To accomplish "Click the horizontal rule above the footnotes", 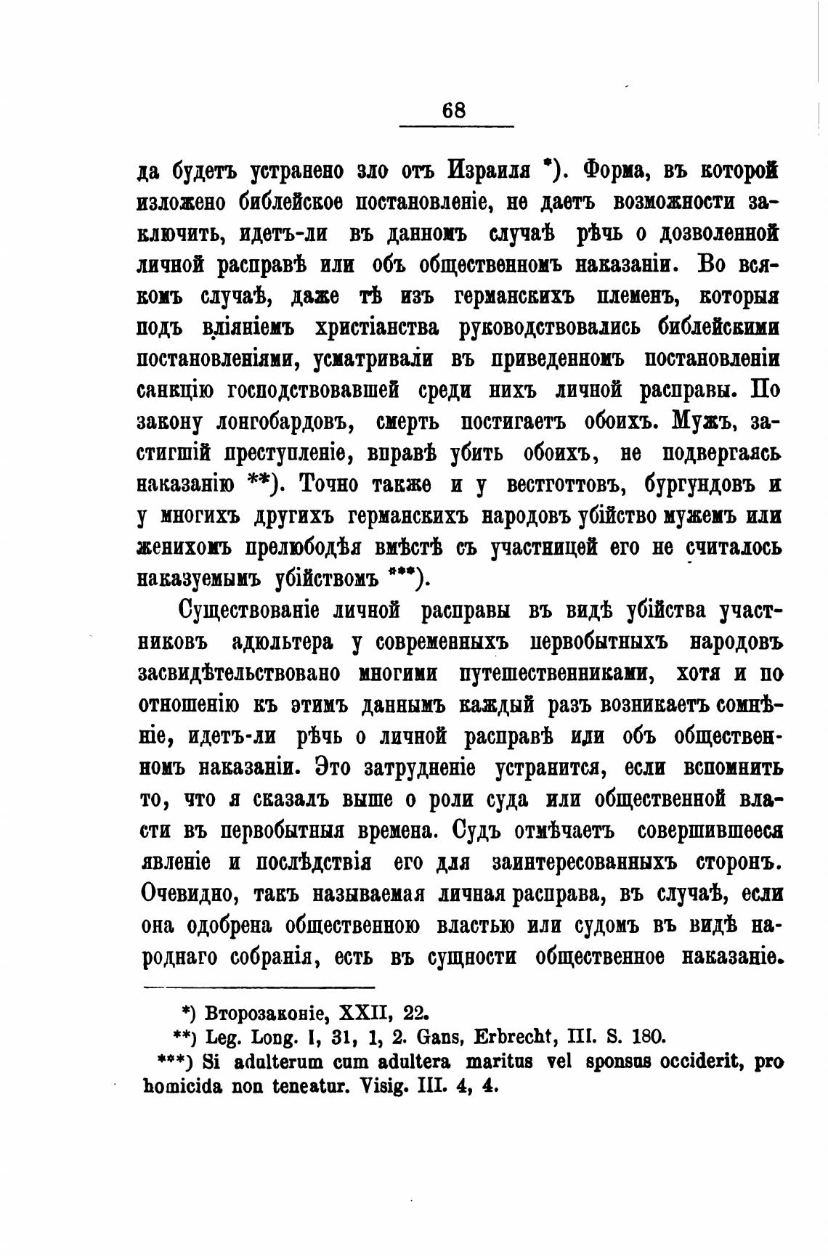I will [x=259, y=987].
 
